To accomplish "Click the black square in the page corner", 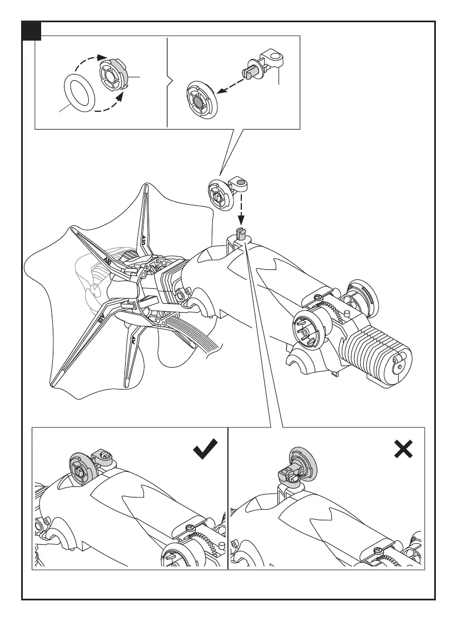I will tap(32, 32).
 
